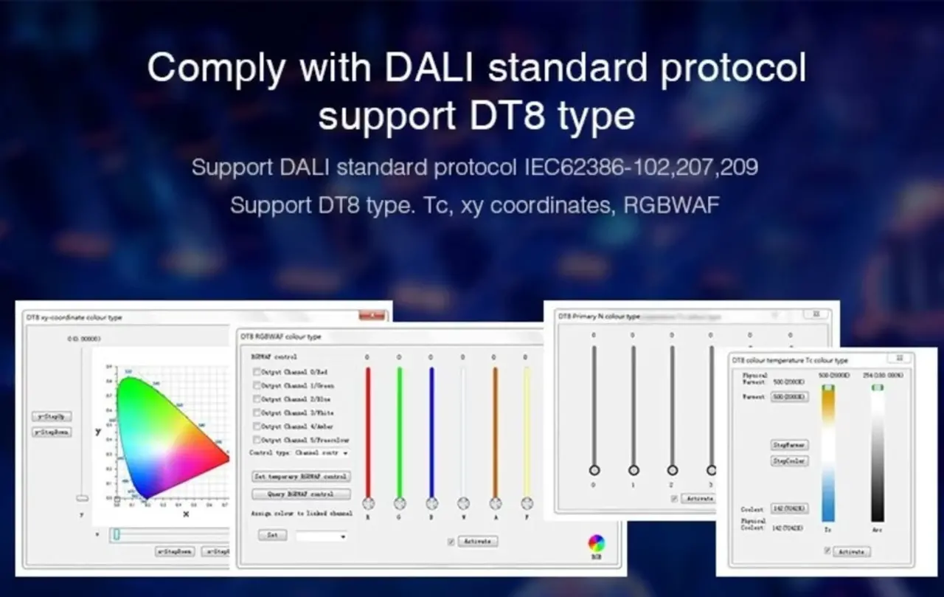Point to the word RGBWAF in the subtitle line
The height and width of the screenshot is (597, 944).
[x=670, y=205]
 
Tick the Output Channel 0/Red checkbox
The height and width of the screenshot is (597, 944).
[x=257, y=373]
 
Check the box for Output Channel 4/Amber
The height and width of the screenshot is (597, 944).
[x=257, y=427]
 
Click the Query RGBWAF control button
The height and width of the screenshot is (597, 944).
[x=301, y=494]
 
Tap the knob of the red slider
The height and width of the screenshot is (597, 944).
[x=368, y=503]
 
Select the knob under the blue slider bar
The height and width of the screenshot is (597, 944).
[x=431, y=503]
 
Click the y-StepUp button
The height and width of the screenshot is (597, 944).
[x=52, y=416]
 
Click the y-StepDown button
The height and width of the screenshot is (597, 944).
[x=52, y=432]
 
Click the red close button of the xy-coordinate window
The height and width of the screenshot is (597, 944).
[x=372, y=316]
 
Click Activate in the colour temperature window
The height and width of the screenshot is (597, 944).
[x=851, y=551]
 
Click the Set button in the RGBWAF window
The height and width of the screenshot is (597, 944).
[x=272, y=535]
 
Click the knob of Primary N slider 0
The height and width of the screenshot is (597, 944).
[x=594, y=470]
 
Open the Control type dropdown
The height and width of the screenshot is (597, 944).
[x=345, y=452]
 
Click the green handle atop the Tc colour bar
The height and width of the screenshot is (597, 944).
[x=828, y=387]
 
